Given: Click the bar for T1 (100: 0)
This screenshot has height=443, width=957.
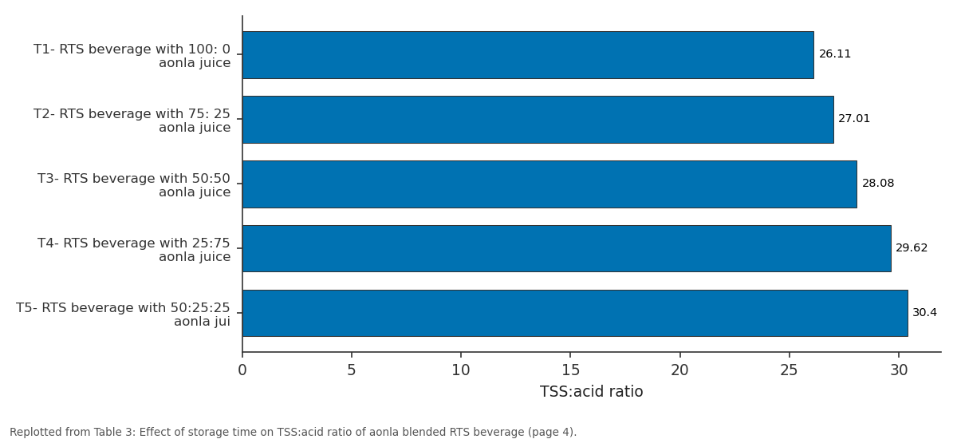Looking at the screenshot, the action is tap(528, 55).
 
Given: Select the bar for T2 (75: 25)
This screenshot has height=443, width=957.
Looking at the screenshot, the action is tap(538, 120).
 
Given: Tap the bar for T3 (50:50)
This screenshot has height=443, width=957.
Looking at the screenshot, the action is tap(549, 184).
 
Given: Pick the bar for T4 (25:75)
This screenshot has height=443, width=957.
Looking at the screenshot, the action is tap(567, 248).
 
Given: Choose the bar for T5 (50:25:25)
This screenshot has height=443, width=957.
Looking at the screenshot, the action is tap(575, 314).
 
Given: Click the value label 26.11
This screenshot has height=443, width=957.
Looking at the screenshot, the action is tap(835, 54).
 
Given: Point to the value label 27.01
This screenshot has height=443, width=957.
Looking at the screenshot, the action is tap(854, 118).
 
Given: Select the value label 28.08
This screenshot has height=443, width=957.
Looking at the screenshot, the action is tap(878, 183).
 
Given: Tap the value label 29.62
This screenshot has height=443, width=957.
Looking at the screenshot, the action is tap(912, 248).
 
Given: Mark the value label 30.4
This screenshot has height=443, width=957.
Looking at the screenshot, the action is tap(924, 313).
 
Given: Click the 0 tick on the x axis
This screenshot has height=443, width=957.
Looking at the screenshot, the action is tap(242, 370).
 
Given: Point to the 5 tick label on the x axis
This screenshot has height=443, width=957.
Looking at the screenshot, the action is tap(351, 370).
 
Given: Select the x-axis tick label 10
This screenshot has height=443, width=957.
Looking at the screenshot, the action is tap(461, 370).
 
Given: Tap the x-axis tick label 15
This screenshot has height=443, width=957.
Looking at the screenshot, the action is tap(570, 370).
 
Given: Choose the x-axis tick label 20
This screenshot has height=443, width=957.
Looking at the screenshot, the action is tap(679, 370).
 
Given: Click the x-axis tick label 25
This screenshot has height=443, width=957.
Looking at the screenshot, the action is tap(789, 370).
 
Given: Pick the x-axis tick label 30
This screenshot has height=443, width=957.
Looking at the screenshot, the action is tap(899, 370).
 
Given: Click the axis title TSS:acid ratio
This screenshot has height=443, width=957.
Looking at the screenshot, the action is tap(591, 392).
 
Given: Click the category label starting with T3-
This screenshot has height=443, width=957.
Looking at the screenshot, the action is tap(134, 185).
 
